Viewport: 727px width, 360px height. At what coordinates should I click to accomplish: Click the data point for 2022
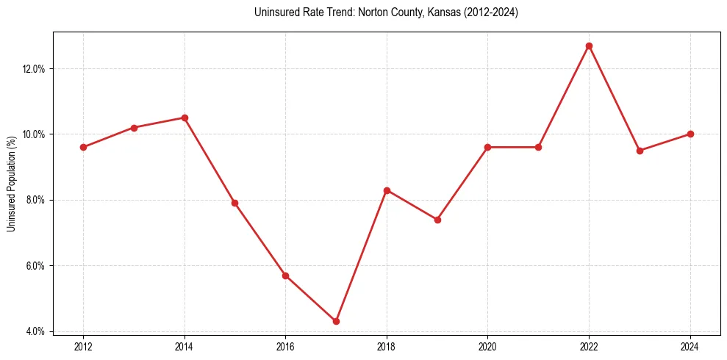coord(589,46)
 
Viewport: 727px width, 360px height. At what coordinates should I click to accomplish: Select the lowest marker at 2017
coord(336,321)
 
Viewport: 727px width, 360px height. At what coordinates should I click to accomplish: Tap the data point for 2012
coord(83,147)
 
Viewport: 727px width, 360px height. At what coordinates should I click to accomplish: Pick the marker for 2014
coord(185,118)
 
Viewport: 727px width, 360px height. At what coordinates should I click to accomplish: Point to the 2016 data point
coord(285,276)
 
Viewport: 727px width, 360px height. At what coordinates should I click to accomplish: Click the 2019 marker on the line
coord(437,220)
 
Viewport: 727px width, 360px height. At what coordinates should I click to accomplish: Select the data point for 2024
coord(690,134)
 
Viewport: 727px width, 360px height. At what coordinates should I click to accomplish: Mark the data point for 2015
coord(234,203)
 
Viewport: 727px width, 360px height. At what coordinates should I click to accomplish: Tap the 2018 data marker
coord(387,190)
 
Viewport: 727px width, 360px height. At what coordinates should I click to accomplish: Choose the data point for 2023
coord(640,151)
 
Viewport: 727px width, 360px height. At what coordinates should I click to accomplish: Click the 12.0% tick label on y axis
coord(34,69)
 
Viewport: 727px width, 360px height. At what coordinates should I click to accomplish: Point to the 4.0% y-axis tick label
coord(36,331)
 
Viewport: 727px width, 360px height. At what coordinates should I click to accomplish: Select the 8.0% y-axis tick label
coord(36,200)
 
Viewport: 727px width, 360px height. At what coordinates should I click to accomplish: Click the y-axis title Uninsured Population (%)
coord(11,183)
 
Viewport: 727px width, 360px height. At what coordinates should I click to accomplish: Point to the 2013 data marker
coord(134,128)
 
